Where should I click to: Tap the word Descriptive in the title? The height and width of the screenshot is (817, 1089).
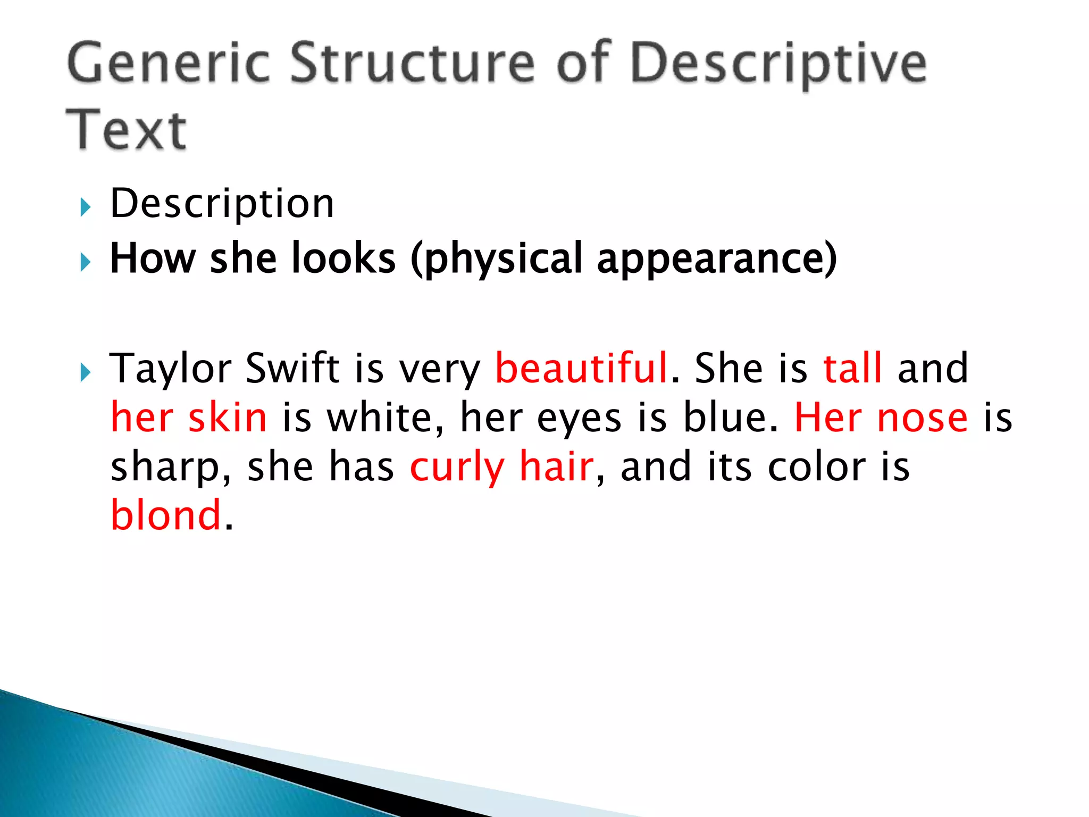(779, 64)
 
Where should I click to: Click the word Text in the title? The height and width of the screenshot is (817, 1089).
(126, 130)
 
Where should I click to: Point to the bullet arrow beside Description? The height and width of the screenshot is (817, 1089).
(86, 207)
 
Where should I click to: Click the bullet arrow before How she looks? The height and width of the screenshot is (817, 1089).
(86, 262)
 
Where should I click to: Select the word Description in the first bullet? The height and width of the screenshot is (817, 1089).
(222, 205)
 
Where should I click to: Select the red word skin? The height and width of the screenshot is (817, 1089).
(228, 418)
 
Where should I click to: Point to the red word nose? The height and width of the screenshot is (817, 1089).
(923, 418)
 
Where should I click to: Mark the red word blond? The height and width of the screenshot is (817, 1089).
(166, 515)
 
